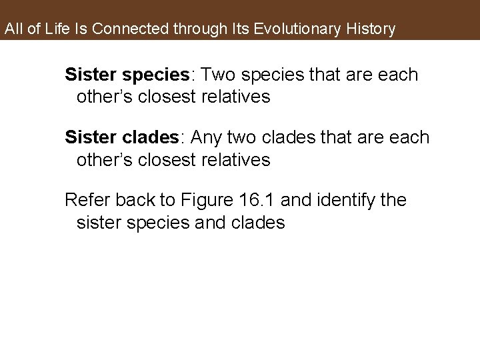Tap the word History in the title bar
tap(367, 29)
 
